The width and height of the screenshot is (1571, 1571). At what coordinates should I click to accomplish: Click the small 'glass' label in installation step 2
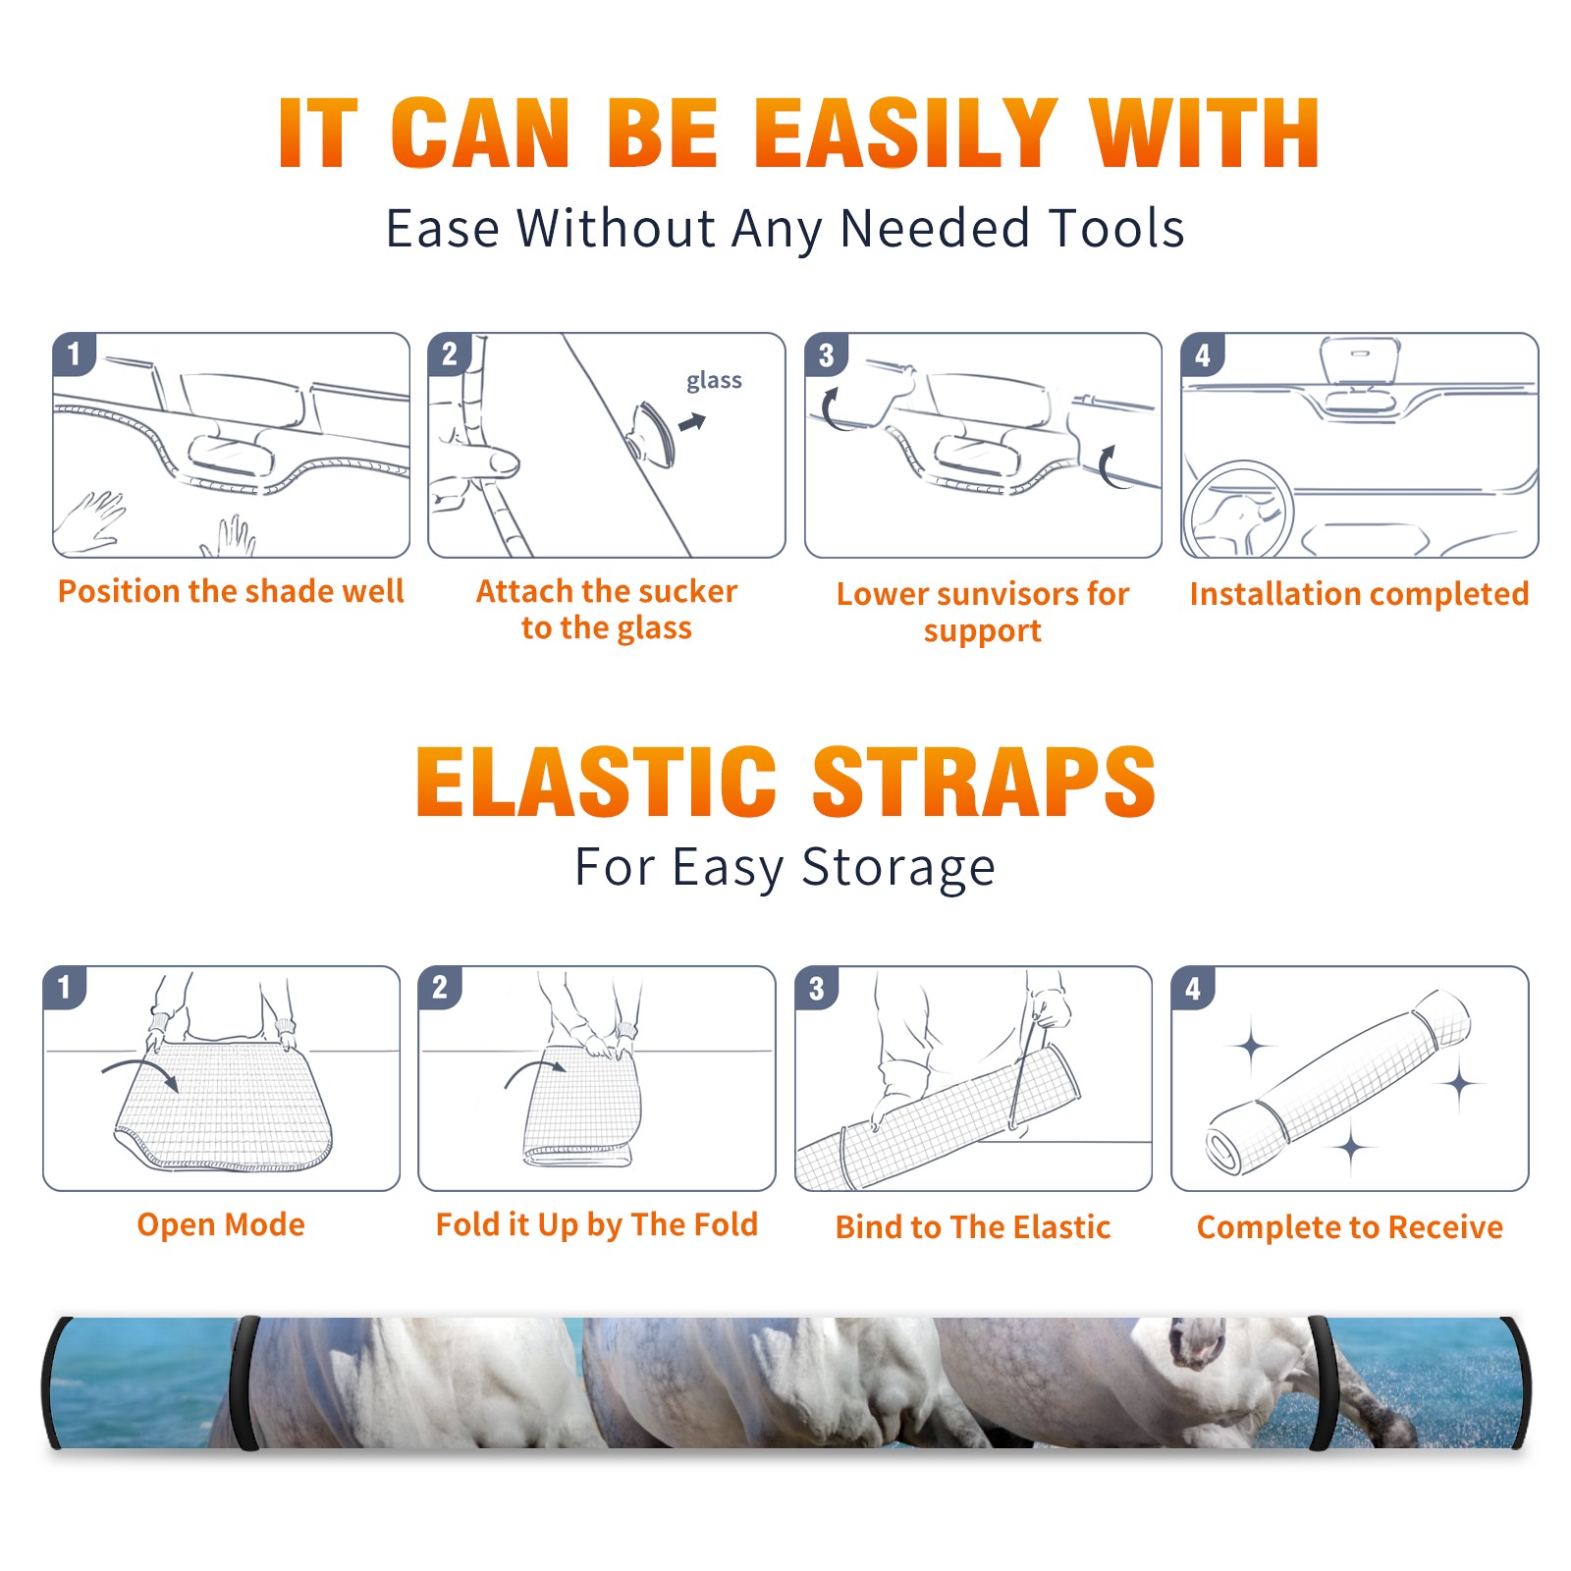tap(714, 381)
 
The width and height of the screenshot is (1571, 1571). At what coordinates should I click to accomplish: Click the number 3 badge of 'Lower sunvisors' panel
tap(826, 354)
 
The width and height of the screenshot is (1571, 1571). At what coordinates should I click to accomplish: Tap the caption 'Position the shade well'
tap(231, 591)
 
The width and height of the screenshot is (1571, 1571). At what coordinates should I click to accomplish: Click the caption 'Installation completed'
tap(1359, 593)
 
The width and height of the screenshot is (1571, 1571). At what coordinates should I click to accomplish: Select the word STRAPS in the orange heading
tap(984, 782)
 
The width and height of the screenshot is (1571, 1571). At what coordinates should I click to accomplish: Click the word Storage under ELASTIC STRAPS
tap(898, 868)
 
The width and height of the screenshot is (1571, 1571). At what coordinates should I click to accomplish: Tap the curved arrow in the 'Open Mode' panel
tap(140, 1072)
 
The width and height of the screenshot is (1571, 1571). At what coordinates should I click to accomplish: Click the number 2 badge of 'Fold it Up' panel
tap(439, 987)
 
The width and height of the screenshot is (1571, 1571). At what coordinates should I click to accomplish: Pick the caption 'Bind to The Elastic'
tap(973, 1226)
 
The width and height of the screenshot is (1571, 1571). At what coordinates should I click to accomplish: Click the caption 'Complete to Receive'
tap(1350, 1226)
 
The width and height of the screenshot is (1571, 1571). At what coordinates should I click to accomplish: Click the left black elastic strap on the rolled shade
tap(245, 1382)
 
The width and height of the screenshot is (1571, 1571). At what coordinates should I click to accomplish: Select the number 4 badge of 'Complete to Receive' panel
tap(1192, 987)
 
